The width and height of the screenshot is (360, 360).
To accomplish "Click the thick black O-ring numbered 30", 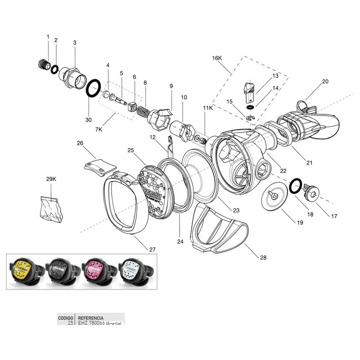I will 93,88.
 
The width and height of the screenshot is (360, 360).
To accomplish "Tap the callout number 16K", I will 217,58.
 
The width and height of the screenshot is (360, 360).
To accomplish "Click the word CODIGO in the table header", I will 66,318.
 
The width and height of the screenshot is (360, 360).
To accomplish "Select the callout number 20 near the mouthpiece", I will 325,82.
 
